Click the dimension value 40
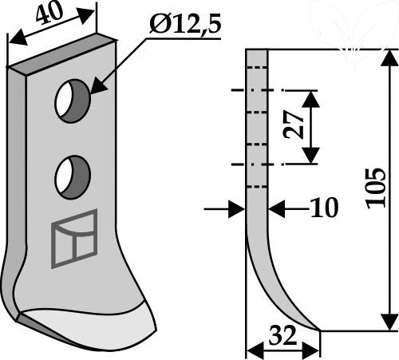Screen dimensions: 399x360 (49, 13)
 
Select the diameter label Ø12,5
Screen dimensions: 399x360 (185, 25)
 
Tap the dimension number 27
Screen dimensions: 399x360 (294, 125)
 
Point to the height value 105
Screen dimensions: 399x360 (376, 188)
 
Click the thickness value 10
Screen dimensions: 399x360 (325, 208)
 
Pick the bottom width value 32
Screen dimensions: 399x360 (282, 335)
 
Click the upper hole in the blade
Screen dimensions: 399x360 (73, 101)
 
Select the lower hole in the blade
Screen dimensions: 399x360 (73, 177)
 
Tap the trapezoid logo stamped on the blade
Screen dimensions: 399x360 (74, 239)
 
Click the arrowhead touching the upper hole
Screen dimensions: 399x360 (98, 85)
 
